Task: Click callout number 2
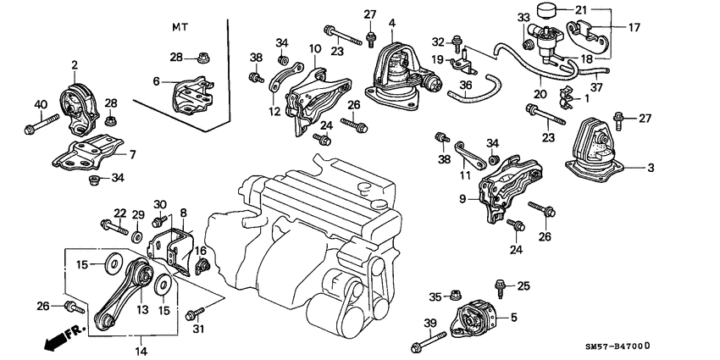coord(75,64)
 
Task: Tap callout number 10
coord(314,49)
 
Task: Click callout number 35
coord(435,296)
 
